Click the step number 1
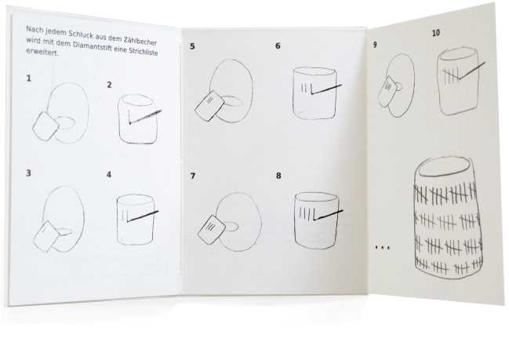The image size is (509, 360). tap(29, 78)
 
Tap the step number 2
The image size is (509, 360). tap(109, 85)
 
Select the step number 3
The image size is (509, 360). tap(28, 173)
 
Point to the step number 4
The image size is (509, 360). tap(109, 175)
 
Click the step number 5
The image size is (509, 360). tap(192, 46)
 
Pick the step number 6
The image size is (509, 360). tap(278, 45)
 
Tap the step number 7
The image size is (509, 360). tap(193, 176)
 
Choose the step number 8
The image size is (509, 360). tap(278, 176)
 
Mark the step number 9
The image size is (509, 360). tap(375, 45)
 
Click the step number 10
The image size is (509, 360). tap(436, 33)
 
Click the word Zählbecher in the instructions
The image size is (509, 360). tap(140, 41)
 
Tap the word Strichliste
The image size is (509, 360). tap(144, 52)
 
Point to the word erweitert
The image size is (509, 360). tap(42, 52)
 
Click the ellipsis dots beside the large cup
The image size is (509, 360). tap(383, 248)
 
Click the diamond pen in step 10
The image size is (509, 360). tap(471, 71)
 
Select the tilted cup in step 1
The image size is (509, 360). tap(45, 126)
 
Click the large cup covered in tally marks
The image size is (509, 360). tap(447, 217)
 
